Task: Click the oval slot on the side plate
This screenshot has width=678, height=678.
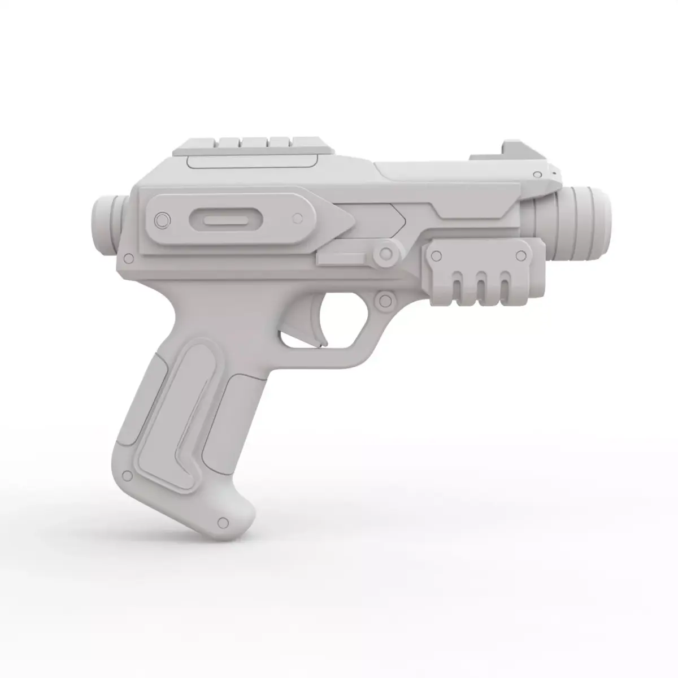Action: pos(224,219)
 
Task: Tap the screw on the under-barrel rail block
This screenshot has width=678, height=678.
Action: pos(436,256)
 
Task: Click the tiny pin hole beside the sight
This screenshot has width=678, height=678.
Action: pos(554,171)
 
